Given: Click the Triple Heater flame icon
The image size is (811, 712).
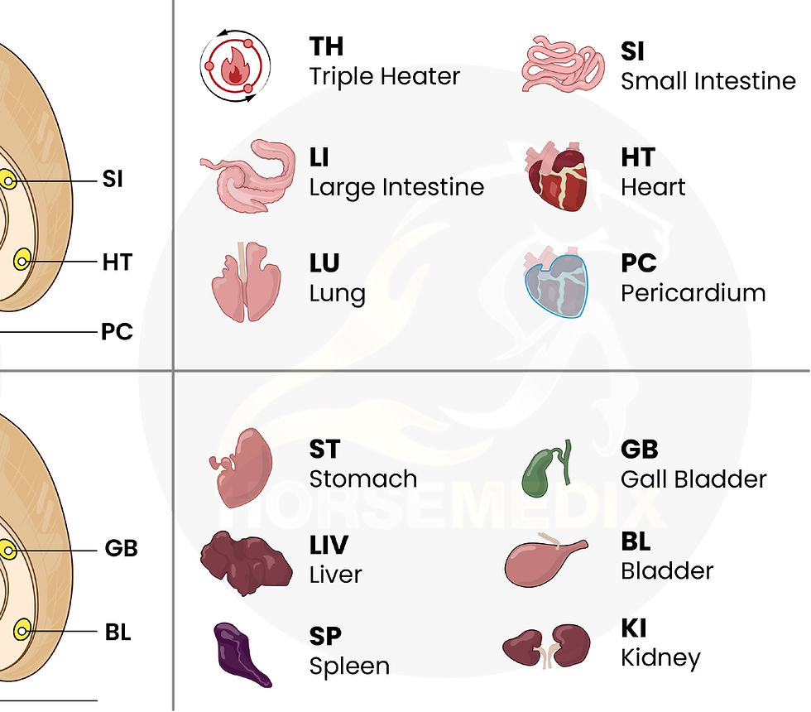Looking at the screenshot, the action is (x=235, y=65).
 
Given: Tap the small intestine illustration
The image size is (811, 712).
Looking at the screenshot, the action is (x=564, y=64).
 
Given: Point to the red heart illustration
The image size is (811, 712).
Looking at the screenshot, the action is (x=557, y=176).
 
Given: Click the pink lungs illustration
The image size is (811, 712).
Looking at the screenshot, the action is (x=247, y=282).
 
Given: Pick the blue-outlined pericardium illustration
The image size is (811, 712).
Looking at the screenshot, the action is (x=556, y=282).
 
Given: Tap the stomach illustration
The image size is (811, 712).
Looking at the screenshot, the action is (x=242, y=467).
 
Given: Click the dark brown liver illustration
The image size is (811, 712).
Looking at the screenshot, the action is (x=246, y=563).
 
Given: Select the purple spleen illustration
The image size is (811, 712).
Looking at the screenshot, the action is (x=241, y=655).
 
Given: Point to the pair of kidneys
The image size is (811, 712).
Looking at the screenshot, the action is (x=546, y=647).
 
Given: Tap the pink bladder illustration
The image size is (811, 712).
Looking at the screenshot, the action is (x=546, y=560).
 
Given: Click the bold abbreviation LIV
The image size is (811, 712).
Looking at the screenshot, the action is (x=329, y=545).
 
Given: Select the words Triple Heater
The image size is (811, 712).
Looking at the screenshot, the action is (x=384, y=76).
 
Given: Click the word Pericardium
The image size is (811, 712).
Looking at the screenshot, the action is (x=693, y=293).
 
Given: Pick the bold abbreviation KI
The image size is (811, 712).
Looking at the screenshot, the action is (x=634, y=628).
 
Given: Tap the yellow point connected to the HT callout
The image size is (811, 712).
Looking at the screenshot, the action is (x=22, y=260).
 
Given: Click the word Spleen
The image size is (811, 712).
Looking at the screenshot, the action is (x=349, y=666).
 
